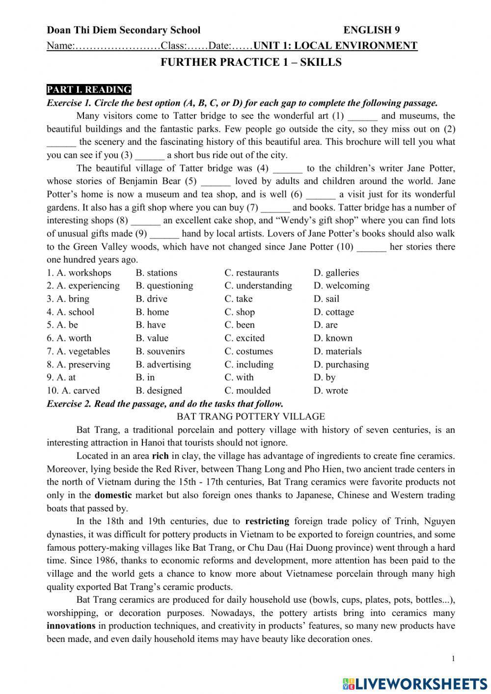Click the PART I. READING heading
tap(89, 89)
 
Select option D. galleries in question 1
tap(336, 273)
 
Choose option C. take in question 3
tap(239, 299)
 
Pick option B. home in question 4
tap(152, 312)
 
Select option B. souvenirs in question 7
tap(160, 351)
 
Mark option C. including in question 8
tap(249, 364)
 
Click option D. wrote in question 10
tap(330, 390)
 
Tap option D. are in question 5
tap(326, 325)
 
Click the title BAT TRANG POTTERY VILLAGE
tap(250, 416)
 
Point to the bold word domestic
tap(113, 495)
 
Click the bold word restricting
tap(267, 521)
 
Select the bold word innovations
tap(71, 626)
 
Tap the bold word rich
tap(160, 456)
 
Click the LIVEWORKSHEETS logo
tap(415, 683)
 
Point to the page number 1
tap(453, 659)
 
